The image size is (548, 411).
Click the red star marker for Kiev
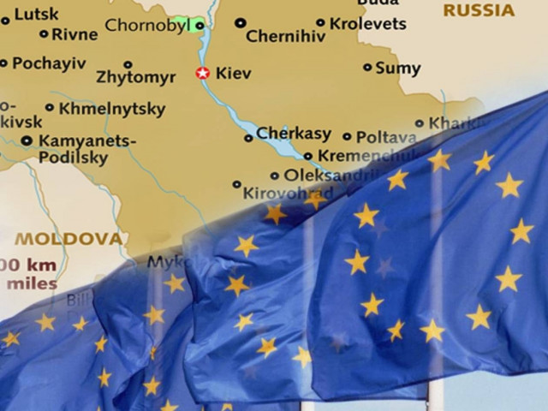(x=203, y=74)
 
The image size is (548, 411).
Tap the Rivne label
(x=74, y=35)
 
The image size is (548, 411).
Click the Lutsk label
(x=36, y=14)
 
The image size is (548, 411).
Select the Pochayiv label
(x=50, y=63)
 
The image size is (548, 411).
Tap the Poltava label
(x=386, y=136)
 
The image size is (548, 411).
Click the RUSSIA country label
(x=479, y=11)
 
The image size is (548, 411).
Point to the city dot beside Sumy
(x=368, y=67)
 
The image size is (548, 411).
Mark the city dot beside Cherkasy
(x=248, y=136)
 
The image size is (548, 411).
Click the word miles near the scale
(x=30, y=283)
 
